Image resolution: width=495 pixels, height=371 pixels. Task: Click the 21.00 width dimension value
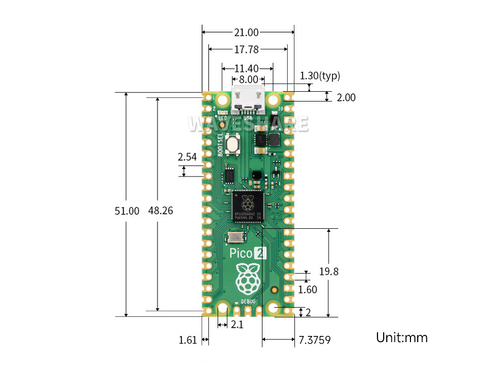coord(246,32)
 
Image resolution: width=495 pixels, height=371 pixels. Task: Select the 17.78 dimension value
coord(246,49)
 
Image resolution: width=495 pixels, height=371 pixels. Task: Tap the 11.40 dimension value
coord(246,68)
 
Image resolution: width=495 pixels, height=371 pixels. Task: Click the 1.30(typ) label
coord(320,76)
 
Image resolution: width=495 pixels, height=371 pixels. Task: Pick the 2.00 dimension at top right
coord(346,97)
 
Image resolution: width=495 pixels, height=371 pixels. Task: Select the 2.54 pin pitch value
coord(187,157)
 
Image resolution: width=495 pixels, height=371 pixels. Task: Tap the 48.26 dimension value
coord(160,211)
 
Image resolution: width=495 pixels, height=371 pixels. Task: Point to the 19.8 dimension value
coord(328,272)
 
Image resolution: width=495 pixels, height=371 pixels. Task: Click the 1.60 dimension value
coord(308,290)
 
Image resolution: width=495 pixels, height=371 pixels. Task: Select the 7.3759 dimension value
coord(315,340)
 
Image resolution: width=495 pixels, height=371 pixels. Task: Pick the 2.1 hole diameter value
coord(236,325)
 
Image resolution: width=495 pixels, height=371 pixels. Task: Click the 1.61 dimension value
coord(188,340)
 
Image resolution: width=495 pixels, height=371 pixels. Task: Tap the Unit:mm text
coord(402,338)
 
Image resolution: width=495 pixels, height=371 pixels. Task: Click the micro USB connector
coord(248,101)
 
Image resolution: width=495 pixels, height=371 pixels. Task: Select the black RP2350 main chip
coord(248,206)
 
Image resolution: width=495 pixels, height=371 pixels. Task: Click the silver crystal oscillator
coord(236,237)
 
